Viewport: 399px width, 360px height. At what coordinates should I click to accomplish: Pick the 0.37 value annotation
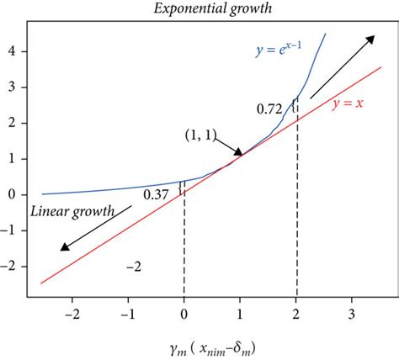[x=156, y=194]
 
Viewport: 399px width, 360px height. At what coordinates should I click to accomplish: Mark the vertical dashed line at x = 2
[x=296, y=219]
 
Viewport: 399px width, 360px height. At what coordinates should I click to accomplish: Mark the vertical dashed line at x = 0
[x=184, y=244]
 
